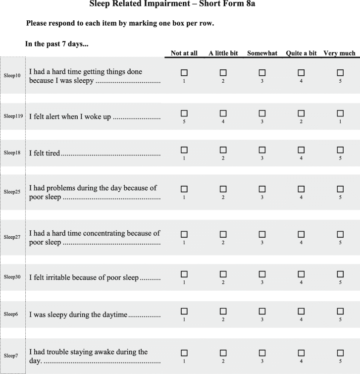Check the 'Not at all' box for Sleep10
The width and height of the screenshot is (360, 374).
point(184,72)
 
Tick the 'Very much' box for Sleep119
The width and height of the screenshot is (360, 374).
point(340,113)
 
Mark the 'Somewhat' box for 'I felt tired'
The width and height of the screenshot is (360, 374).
point(262,150)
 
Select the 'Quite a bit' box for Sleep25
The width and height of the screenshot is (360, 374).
point(301,189)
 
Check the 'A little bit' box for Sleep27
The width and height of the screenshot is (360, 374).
point(223,234)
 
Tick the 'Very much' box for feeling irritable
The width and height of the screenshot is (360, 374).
point(340,274)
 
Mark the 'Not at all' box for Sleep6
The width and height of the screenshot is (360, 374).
point(184,311)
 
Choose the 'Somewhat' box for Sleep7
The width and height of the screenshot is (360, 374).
point(262,353)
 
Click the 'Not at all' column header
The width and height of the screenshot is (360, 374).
point(184,53)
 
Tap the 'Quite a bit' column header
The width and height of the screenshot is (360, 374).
point(301,53)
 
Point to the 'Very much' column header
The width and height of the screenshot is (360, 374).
point(340,53)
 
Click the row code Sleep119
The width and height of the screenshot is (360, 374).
point(12,116)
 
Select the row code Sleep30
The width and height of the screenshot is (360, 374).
point(12,277)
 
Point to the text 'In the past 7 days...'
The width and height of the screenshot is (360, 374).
point(56,44)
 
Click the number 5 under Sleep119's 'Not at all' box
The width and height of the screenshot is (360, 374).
point(184,121)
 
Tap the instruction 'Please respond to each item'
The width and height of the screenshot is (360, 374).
point(120,23)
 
